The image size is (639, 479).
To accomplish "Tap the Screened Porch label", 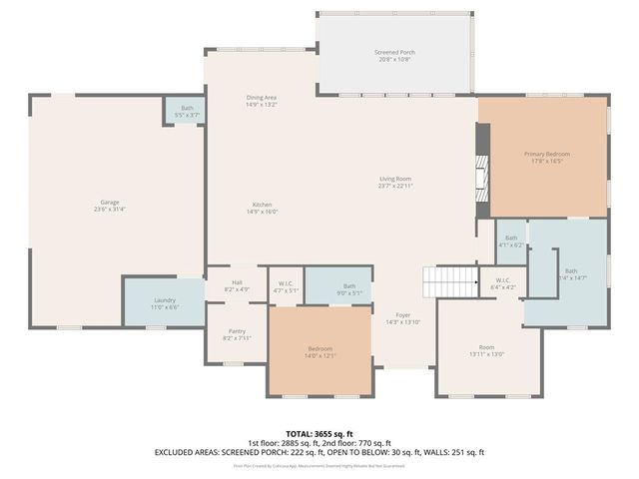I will (x=393, y=55).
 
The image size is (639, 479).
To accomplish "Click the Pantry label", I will (x=237, y=334).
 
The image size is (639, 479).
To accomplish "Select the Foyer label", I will (x=402, y=318).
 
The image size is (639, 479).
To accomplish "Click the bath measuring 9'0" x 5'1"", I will (x=349, y=289).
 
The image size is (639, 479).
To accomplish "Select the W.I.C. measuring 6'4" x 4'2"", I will (x=503, y=283).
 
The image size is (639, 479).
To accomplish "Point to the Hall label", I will (x=237, y=285).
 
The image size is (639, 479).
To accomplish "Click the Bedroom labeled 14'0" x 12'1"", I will (x=320, y=352).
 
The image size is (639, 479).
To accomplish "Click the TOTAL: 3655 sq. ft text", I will (x=319, y=434).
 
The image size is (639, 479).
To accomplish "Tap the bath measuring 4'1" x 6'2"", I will (x=511, y=240).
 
